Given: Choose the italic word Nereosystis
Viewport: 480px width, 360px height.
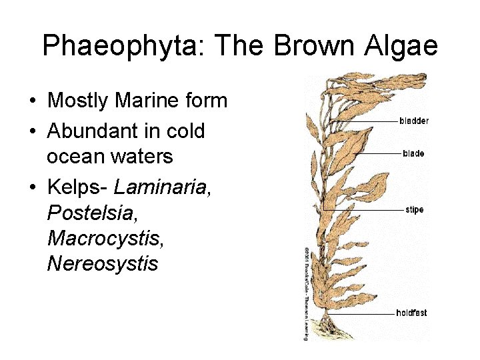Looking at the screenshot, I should click(102, 263).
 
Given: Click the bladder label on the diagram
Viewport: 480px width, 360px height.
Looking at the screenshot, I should click(414, 121).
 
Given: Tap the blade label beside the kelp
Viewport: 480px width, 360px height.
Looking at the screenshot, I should click(413, 153).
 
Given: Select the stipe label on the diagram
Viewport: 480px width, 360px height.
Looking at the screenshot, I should click(414, 210).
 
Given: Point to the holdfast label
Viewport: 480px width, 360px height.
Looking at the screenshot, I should click(411, 312).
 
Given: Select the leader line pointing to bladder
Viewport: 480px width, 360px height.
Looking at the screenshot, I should click(373, 121).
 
